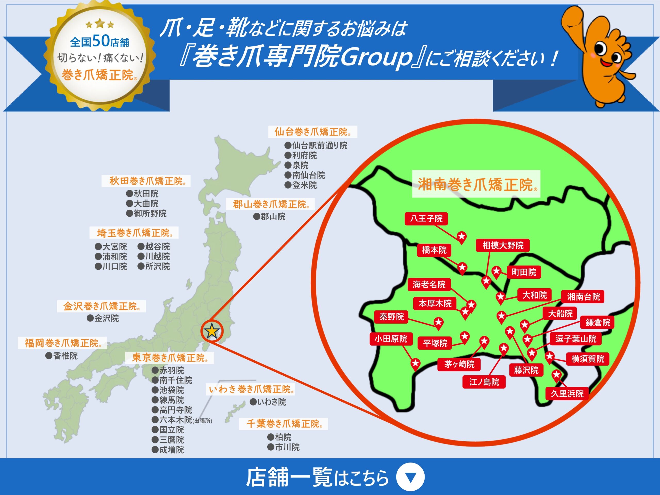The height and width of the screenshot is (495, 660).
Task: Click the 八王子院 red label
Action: pyautogui.click(x=426, y=218)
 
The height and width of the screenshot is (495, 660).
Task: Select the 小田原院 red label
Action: pyautogui.click(x=391, y=339)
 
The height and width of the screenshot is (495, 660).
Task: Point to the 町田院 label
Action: pyautogui.click(x=524, y=272)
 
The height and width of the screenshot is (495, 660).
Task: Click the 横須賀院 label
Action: pyautogui.click(x=588, y=359)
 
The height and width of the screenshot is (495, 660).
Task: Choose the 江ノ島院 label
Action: pyautogui.click(x=484, y=382)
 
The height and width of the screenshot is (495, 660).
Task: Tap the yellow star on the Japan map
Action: pyautogui.click(x=212, y=331)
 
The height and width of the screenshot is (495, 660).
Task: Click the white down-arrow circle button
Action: pyautogui.click(x=410, y=477)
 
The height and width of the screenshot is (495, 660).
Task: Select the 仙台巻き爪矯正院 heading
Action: pyautogui.click(x=312, y=131)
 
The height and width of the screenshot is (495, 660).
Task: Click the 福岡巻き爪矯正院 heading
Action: pyautogui.click(x=62, y=343)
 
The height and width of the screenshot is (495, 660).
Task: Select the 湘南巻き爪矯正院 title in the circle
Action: pyautogui.click(x=476, y=184)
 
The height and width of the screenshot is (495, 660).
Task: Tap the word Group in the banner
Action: pyautogui.click(x=376, y=57)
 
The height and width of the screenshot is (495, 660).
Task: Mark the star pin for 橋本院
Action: pyautogui.click(x=462, y=267)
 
